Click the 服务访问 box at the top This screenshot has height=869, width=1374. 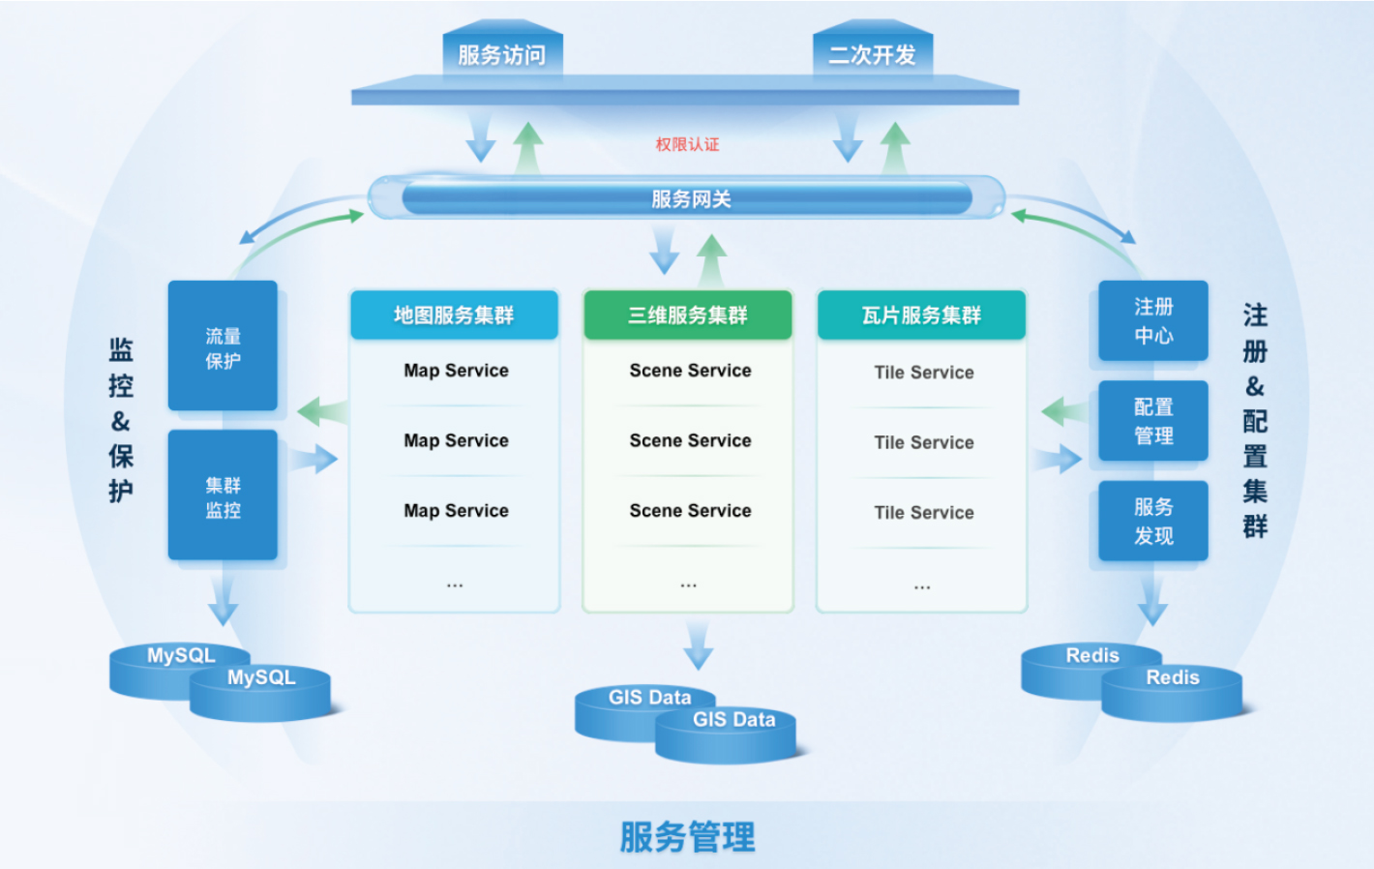502,54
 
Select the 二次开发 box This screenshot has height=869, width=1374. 872,54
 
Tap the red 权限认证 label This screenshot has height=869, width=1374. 687,144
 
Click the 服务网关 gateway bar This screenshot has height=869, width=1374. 689,199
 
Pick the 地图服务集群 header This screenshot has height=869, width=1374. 454,315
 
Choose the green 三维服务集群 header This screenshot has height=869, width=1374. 688,315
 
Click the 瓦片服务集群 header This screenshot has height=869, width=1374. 921,315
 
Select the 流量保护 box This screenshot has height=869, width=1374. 223,346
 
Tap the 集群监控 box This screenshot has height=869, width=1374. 223,496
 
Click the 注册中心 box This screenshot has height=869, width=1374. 1153,320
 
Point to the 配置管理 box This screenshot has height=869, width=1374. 1153,421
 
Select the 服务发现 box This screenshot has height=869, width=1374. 1153,521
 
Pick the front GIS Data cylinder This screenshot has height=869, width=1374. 726,736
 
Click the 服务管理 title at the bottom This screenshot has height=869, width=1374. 687,837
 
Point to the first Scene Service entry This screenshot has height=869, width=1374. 690,371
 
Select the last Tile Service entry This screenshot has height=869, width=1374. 924,513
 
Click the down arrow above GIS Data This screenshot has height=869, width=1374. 698,645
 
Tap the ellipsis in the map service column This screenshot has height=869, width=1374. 455,585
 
